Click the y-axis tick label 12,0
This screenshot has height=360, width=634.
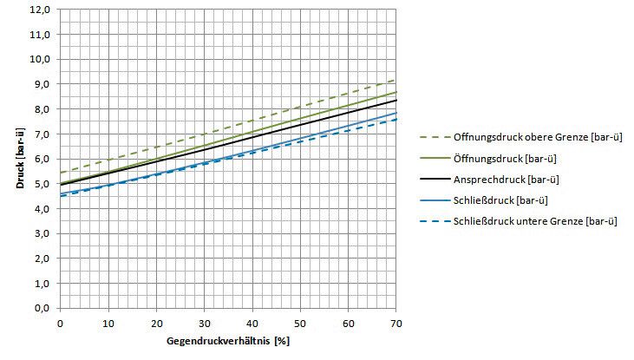[x=40, y=10]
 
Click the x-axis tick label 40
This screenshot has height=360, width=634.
[x=252, y=324]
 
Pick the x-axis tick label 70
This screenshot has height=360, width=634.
[x=396, y=324]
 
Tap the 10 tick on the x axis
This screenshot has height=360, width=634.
[x=108, y=324]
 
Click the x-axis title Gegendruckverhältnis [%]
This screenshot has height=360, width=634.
[x=228, y=341]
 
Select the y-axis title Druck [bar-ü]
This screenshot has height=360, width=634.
[x=20, y=158]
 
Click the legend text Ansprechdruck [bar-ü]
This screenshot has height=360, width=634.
[x=507, y=180]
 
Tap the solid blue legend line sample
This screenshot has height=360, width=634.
[x=435, y=200]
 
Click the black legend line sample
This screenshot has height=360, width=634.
[x=435, y=180]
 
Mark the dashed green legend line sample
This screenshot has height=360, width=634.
[x=435, y=137]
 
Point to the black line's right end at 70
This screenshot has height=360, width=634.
[x=395, y=100]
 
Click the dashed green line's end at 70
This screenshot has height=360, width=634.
[x=395, y=80]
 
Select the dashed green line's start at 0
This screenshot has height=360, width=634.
[x=60, y=173]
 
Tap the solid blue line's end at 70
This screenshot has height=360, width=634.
[x=395, y=113]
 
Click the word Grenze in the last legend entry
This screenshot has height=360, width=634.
[x=567, y=221]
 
